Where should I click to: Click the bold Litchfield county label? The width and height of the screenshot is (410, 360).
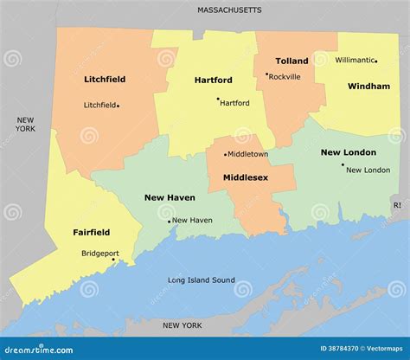click(105, 79)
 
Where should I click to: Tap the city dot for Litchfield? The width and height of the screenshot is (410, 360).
click(118, 106)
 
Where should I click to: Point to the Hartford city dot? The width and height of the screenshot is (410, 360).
click(218, 99)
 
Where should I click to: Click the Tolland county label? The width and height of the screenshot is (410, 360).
click(291, 61)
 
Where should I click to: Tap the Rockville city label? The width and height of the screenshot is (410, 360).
click(285, 76)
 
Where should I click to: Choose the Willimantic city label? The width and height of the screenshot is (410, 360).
click(355, 60)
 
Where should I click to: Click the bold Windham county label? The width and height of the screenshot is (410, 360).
click(368, 87)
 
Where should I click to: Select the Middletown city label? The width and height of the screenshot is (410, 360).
click(248, 154)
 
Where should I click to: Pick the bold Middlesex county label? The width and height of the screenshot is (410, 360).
click(246, 177)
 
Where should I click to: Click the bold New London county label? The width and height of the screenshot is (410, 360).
click(348, 152)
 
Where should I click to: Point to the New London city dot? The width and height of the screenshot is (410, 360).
click(343, 164)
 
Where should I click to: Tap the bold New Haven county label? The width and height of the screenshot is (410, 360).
click(170, 197)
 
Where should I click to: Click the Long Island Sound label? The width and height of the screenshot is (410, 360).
click(201, 280)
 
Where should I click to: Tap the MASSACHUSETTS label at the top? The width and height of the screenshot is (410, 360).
click(229, 10)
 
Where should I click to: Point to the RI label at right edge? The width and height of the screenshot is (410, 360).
click(397, 205)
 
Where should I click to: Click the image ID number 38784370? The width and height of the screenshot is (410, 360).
click(329, 349)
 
